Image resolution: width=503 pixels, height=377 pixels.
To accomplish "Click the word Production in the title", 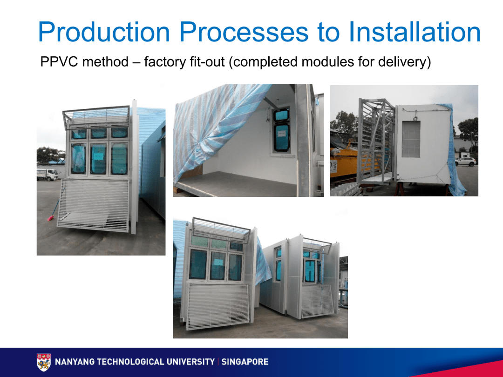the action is [104, 32].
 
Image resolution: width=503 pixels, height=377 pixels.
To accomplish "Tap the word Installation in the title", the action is [415, 32].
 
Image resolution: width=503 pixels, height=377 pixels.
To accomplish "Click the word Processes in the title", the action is [244, 32].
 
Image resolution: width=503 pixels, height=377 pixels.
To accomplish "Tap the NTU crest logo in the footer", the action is [44, 362].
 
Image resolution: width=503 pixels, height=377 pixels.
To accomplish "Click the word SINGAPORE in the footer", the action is [245, 362].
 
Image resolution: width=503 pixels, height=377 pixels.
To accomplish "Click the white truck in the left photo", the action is [47, 175].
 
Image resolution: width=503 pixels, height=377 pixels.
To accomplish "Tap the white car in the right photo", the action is [465, 162].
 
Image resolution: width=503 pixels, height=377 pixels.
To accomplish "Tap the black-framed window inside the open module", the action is [281, 131].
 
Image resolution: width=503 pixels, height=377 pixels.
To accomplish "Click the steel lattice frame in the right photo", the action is [376, 141].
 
